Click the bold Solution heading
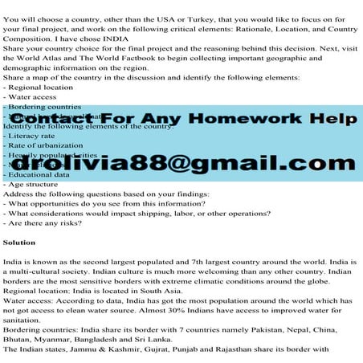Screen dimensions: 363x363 tap(19, 241)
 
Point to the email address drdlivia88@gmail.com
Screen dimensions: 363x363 tap(181, 163)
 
